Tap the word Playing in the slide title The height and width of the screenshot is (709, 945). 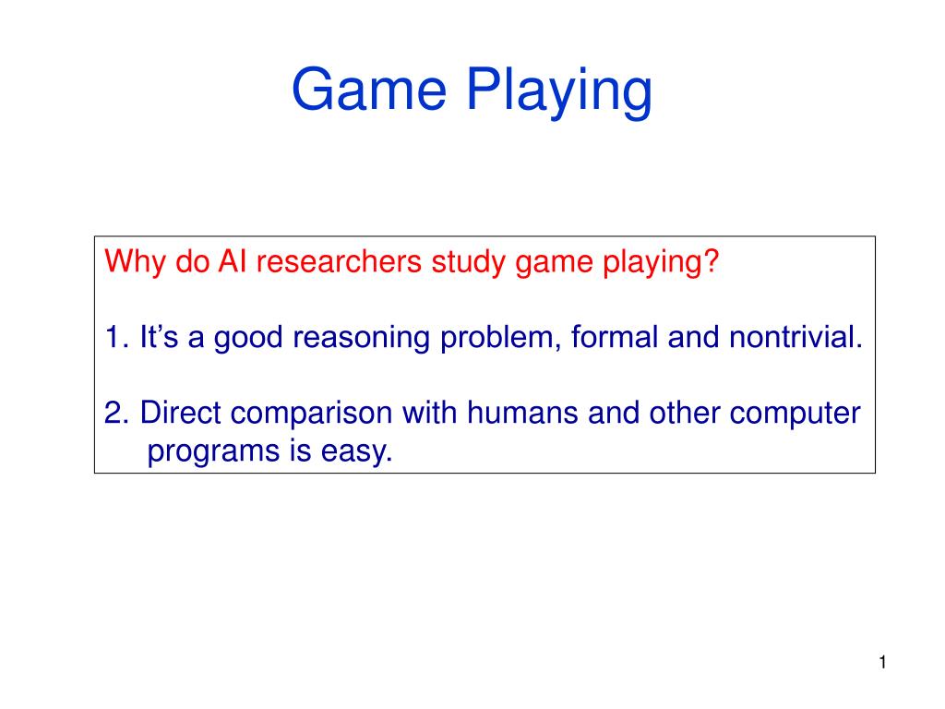[x=559, y=91]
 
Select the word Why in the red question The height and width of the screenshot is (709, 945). [x=135, y=262]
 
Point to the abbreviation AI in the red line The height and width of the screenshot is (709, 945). [x=232, y=261]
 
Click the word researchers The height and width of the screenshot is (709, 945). [x=339, y=261]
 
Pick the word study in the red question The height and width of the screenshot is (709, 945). [x=468, y=262]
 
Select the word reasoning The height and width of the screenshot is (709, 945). [x=362, y=338]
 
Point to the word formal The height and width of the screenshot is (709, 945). [x=614, y=336]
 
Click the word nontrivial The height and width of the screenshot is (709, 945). [x=795, y=336]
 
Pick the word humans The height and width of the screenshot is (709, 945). [x=522, y=413]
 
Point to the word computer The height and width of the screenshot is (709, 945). [x=795, y=415]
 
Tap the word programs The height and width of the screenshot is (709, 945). [x=213, y=452]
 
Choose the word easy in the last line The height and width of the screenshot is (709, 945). [x=357, y=452]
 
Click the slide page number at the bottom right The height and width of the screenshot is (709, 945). [x=882, y=663]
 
